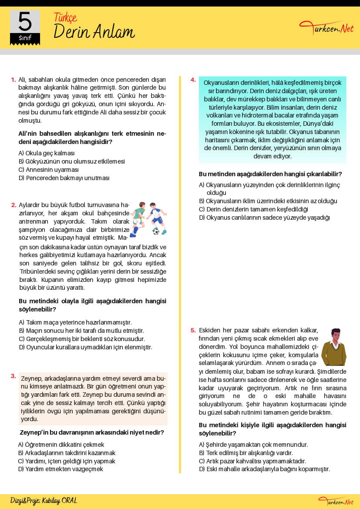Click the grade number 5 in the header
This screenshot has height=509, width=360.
click(25, 21)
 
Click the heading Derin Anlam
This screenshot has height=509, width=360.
click(94, 32)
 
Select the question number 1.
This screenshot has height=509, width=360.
click(13, 80)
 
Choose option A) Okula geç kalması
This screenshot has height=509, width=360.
click(47, 153)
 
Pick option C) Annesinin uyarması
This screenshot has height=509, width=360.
click(49, 170)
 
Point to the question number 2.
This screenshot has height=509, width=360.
click(13, 205)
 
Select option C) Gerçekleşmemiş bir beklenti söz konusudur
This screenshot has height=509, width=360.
click(82, 339)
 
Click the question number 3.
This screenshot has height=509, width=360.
click(13, 376)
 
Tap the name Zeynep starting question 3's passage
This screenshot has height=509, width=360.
click(30, 378)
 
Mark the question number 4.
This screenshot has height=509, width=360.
click(193, 80)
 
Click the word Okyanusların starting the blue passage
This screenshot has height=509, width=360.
click(221, 83)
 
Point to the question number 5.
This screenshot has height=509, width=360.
click(193, 330)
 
